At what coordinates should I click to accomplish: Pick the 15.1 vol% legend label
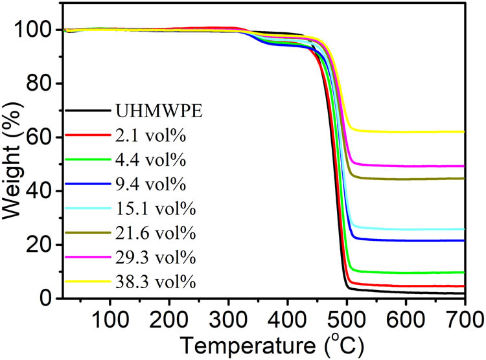pyautogui.click(x=146, y=209)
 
